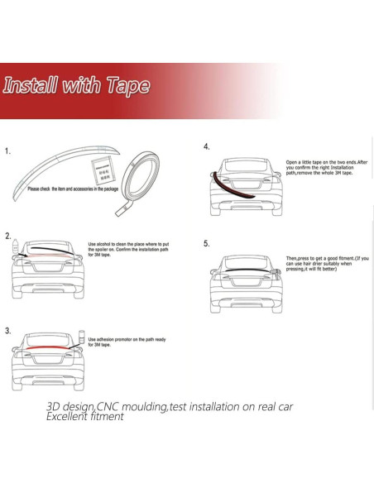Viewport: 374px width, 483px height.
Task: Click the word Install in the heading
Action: click(x=31, y=86)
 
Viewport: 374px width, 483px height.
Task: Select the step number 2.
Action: click(x=7, y=237)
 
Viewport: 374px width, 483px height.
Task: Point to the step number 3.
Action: click(x=7, y=331)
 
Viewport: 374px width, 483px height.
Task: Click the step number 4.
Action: click(x=206, y=146)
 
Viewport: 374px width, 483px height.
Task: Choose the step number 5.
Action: click(x=206, y=245)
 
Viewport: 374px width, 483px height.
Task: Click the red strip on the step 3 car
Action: click(x=46, y=342)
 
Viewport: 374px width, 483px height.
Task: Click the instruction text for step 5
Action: click(x=326, y=264)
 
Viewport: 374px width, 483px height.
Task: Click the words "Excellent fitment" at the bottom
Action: click(x=85, y=416)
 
